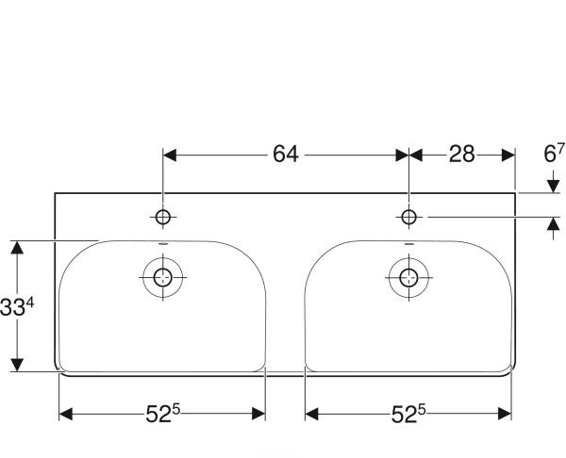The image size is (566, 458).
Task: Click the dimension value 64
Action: (286, 155)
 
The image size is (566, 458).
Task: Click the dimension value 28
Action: (461, 155)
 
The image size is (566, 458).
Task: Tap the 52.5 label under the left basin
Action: (163, 414)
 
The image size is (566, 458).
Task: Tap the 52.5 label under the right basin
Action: (408, 414)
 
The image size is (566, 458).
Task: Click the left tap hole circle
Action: (163, 217)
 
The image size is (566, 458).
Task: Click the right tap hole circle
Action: (408, 217)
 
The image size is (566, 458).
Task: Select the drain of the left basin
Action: (163, 277)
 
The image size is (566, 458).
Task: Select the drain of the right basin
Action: (408, 277)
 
